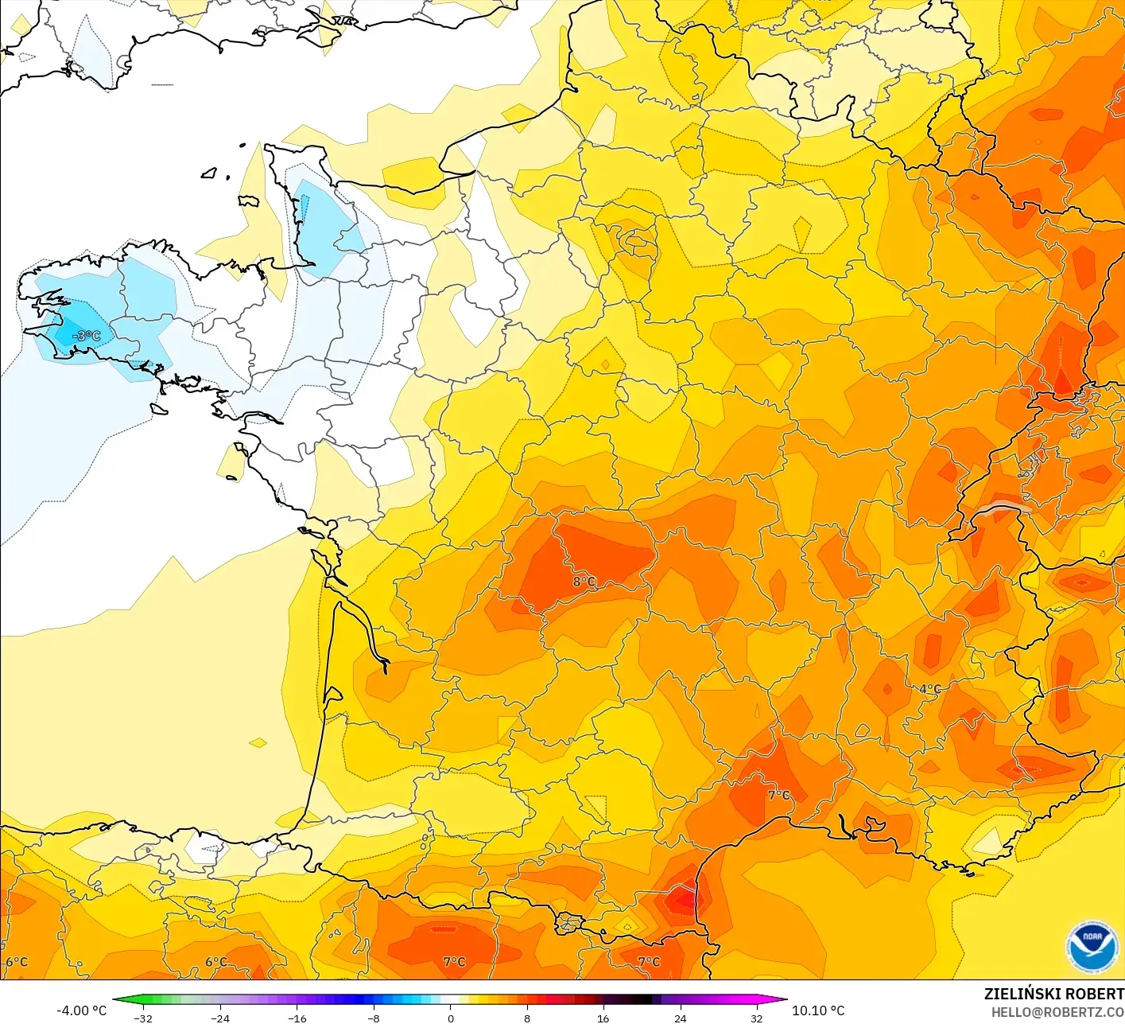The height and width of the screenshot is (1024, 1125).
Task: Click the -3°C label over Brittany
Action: coord(87,337)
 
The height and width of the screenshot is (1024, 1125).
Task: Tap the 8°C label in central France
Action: coord(584,582)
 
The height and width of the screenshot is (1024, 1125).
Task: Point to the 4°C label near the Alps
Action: coord(930,689)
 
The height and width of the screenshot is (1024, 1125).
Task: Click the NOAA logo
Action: coord(1092,947)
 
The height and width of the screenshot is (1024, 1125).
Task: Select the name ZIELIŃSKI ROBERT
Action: coord(1053,994)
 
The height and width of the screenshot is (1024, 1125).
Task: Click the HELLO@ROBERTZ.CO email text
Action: coord(1057,1012)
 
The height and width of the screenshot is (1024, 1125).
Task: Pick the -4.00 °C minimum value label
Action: coord(81,1010)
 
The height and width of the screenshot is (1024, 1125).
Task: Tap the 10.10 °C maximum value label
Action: coord(818,1010)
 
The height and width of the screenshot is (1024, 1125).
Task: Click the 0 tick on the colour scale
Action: coord(451,1018)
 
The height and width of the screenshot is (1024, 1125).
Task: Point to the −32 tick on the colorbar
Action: coord(143,1018)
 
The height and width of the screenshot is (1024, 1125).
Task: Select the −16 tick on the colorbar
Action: coord(297,1018)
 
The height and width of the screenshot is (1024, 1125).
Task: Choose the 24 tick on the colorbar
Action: coord(680,1018)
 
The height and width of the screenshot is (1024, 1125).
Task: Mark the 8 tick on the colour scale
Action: coord(526,1018)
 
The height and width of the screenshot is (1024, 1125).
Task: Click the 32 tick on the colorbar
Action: coord(756,1018)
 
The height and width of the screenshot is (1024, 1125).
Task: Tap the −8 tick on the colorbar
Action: coord(373,1018)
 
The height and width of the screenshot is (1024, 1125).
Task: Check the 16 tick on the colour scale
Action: coord(603,1018)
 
